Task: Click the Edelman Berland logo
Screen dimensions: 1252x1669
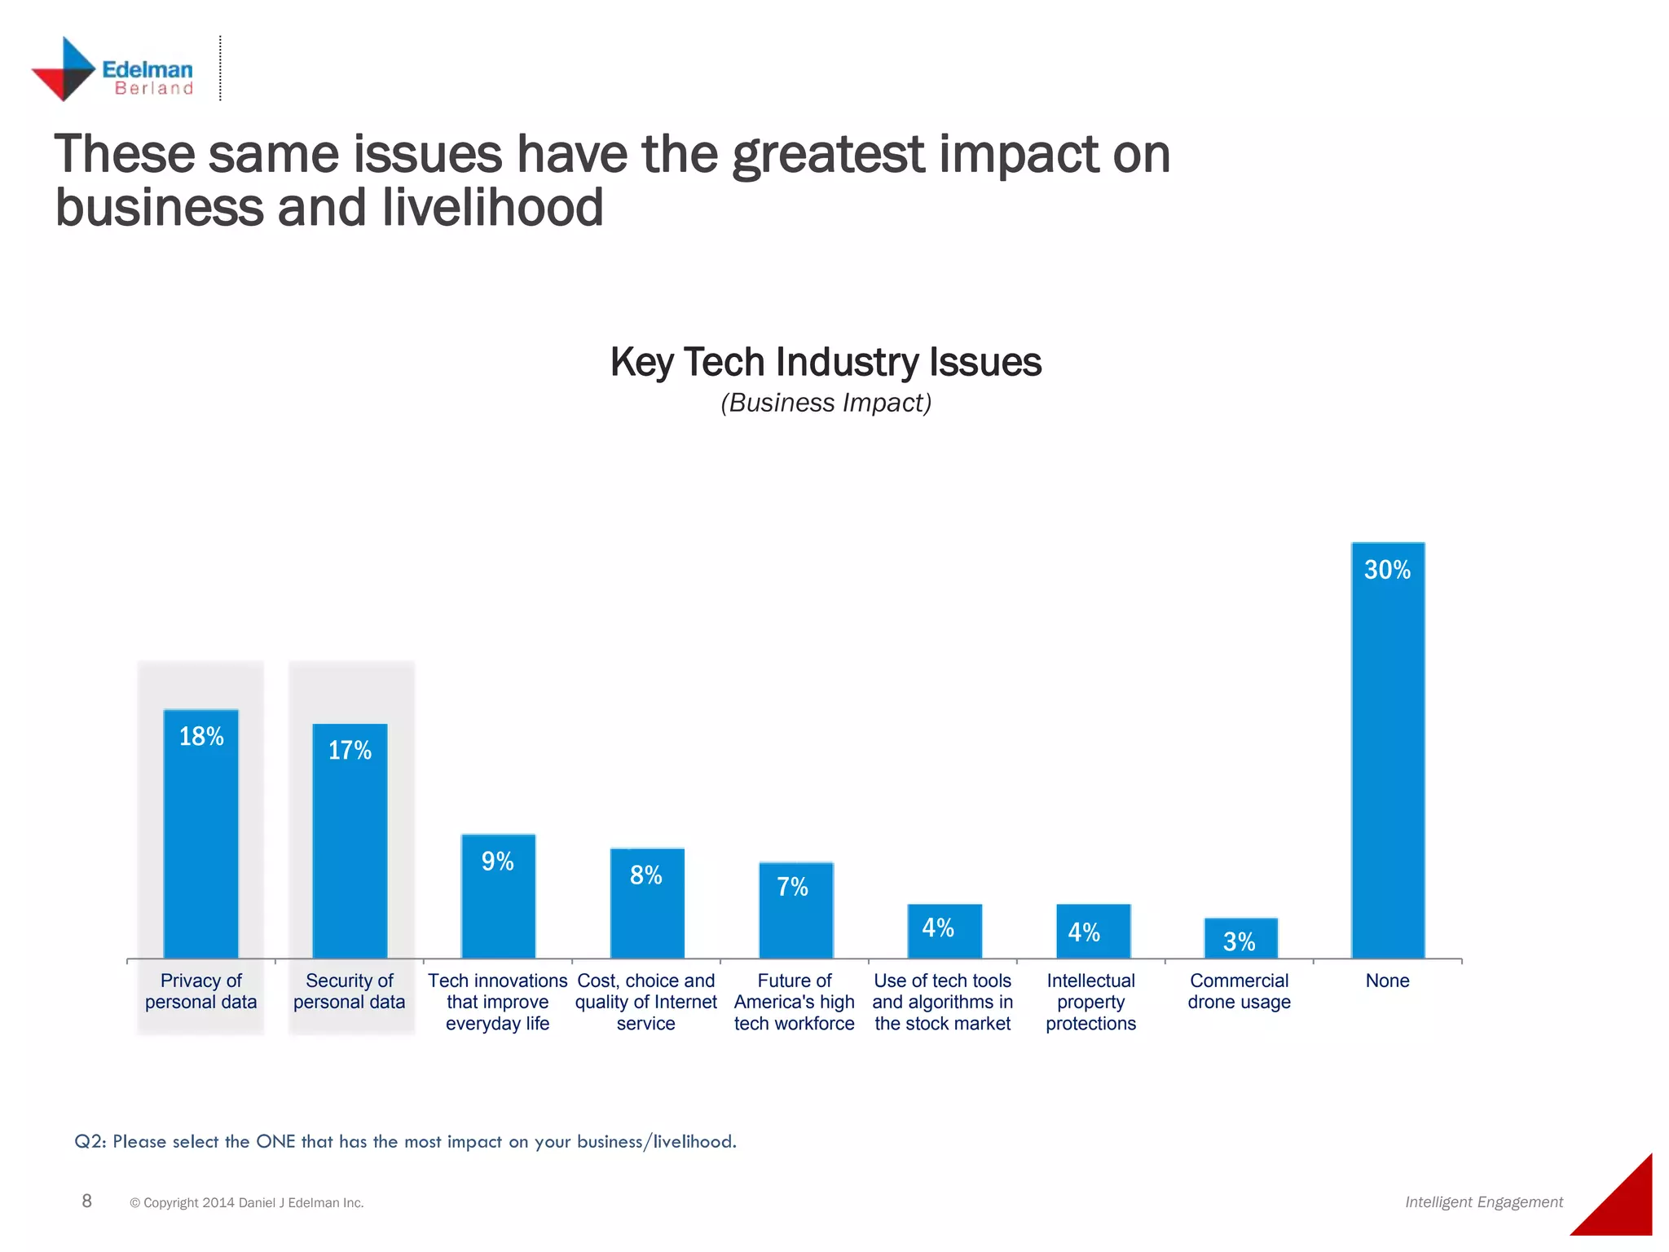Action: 112,70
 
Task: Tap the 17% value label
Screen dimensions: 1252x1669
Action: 350,751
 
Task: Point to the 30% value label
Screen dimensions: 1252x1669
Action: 1387,570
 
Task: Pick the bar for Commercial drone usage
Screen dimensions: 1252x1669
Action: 1240,939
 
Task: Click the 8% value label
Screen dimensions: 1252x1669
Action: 646,875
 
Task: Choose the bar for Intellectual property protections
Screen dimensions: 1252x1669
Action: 1093,932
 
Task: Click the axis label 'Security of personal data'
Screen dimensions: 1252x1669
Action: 349,991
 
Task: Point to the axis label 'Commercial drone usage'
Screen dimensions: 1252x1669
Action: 1239,991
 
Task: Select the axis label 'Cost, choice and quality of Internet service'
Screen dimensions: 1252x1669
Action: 646,1002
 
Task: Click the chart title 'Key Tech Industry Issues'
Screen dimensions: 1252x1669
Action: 826,362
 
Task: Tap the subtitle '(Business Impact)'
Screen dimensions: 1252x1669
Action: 826,403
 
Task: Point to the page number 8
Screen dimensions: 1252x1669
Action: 87,1201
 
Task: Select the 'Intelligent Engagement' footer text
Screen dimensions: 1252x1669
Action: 1483,1202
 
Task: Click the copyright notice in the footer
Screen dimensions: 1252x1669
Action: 246,1203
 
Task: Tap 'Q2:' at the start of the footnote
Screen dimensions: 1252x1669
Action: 90,1141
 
